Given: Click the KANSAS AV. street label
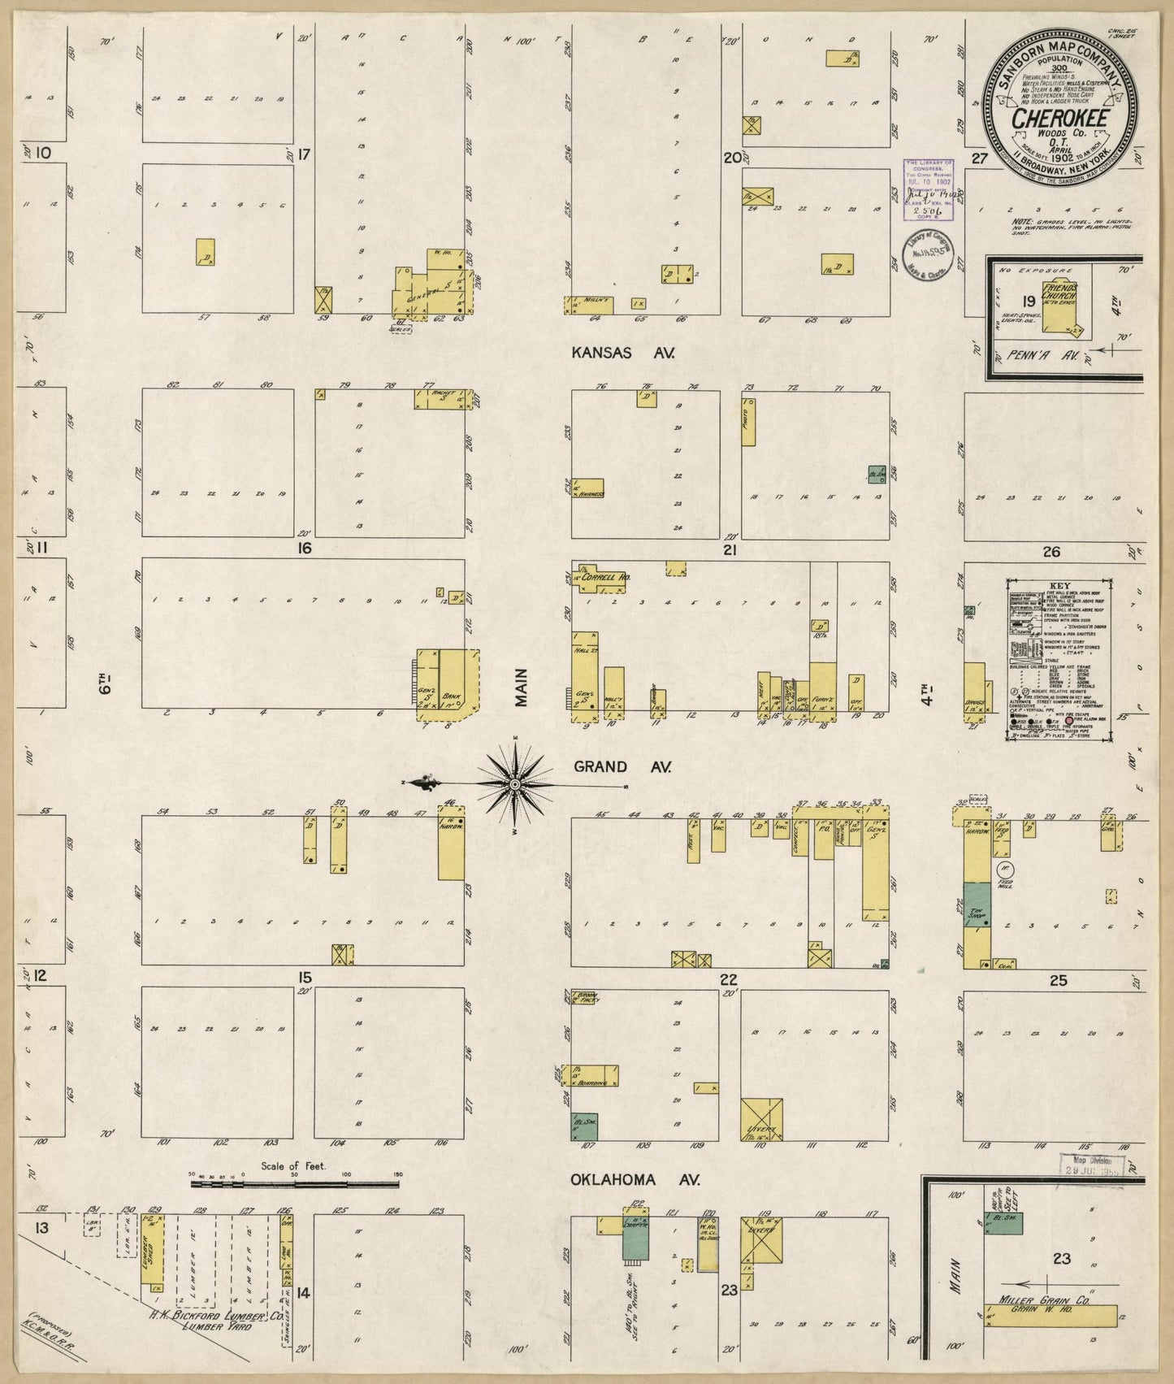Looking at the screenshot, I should coord(623,353).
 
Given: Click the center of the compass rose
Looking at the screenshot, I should coord(514,783).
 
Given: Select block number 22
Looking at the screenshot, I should coord(729,979).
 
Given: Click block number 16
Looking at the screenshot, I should coord(305,549).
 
